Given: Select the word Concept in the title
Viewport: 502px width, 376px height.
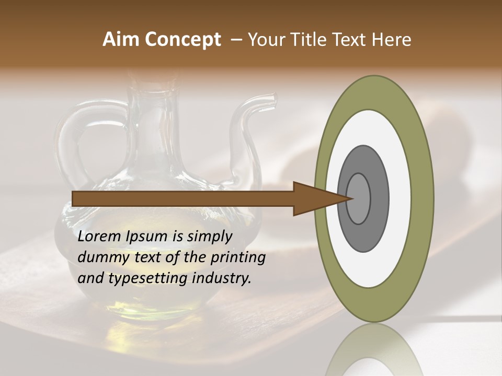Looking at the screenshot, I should (183, 40).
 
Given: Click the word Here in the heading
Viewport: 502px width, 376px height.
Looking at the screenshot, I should (392, 40).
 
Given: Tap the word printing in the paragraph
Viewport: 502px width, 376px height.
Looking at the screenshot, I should (237, 257).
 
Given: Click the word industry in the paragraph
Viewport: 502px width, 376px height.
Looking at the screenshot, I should (221, 278).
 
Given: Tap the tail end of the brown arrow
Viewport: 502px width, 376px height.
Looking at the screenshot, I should (76, 198).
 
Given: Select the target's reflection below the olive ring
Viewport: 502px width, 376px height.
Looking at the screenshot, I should (374, 352).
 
